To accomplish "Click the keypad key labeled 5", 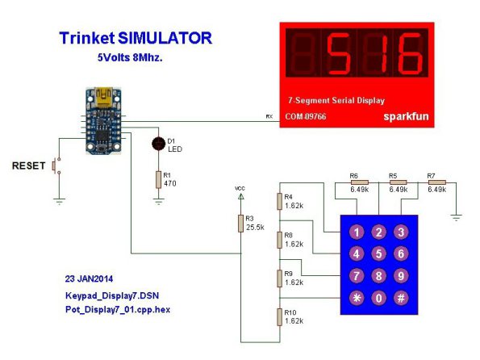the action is point(378,253).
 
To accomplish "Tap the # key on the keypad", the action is point(401,298).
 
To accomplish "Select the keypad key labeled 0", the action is point(378,298).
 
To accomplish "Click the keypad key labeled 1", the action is point(357,232).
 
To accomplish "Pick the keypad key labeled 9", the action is point(401,276).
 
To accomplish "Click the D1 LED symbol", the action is point(159,144).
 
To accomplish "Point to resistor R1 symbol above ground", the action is point(158,179).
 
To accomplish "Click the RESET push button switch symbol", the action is point(56,165).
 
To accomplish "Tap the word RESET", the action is point(28,165).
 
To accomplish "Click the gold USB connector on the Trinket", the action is point(103,97).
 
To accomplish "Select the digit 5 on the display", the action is point(339,53).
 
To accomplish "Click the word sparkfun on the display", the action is point(406,116).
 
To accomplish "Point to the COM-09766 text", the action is point(306,116).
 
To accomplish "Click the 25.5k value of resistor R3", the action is point(255,228).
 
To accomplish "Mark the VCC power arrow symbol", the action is point(241,196).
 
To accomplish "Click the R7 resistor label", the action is point(431,176).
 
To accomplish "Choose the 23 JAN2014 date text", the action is point(89,278).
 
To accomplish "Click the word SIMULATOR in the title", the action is point(165,38).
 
